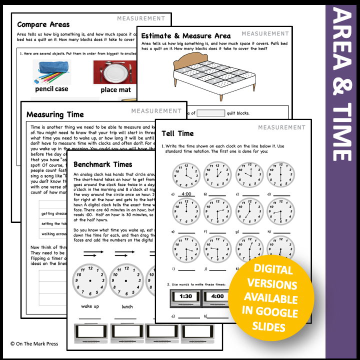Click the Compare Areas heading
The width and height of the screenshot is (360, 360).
(43, 24)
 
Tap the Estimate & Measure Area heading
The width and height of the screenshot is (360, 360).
(186, 36)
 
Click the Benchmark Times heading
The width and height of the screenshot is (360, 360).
(102, 164)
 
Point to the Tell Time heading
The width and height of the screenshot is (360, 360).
(178, 133)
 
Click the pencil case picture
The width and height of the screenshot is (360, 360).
(51, 73)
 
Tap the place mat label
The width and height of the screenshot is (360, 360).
(115, 90)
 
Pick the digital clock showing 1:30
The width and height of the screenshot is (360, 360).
(186, 296)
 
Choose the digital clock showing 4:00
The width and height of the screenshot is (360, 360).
(217, 296)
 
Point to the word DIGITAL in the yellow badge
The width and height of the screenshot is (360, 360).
(273, 270)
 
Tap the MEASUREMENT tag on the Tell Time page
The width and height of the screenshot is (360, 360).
(281, 127)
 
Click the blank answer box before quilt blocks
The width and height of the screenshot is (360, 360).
(210, 113)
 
